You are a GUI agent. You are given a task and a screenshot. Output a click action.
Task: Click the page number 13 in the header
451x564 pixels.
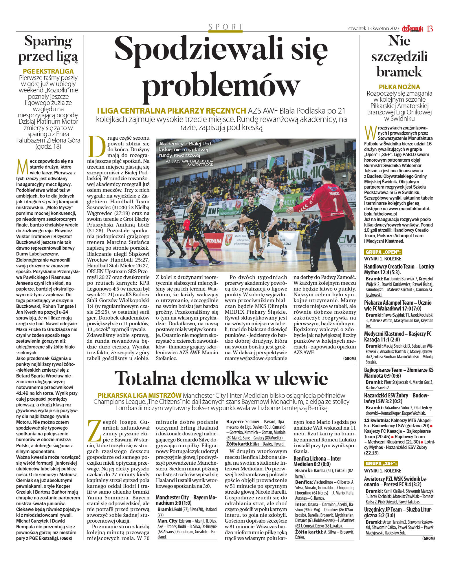point(430,29)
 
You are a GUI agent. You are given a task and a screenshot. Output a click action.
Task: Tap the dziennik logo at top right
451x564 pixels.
point(412,29)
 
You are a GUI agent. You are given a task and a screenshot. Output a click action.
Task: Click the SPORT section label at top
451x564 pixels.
point(225,27)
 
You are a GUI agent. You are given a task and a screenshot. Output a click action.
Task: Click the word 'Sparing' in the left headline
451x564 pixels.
point(48,41)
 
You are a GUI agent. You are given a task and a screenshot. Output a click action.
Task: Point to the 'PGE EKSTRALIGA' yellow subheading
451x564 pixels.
point(48,71)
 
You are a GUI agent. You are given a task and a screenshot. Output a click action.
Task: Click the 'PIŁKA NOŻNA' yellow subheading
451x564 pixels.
point(399,87)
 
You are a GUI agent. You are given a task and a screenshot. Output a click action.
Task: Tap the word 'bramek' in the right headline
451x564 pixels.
point(399,72)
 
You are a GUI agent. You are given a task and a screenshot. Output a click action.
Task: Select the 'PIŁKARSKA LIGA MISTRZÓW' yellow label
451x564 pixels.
point(140,395)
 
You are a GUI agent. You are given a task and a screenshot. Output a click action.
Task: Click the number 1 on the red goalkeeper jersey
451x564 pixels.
point(335,205)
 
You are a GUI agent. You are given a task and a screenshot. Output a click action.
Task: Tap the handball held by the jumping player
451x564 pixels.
point(254,180)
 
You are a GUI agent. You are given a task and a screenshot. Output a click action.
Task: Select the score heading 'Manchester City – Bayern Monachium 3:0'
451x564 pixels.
point(186,500)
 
